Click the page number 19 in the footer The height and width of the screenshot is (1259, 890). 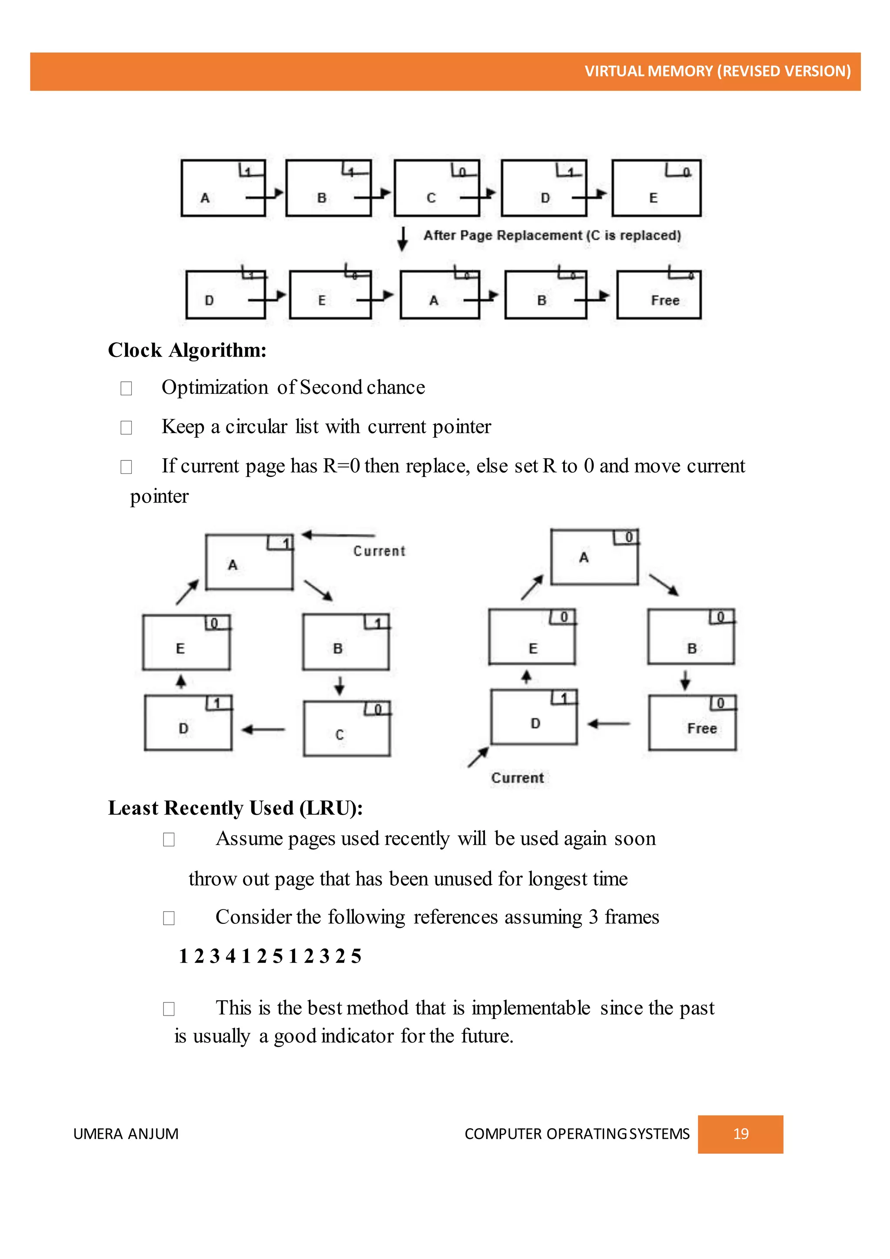pyautogui.click(x=741, y=1134)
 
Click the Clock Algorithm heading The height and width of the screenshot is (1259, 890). pyautogui.click(x=187, y=350)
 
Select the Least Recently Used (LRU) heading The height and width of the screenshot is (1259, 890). pyautogui.click(x=235, y=808)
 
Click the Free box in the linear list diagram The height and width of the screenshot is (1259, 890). pyautogui.click(x=659, y=295)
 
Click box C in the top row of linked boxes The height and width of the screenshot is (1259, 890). pyautogui.click(x=436, y=188)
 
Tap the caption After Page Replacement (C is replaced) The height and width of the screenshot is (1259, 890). pyautogui.click(x=552, y=236)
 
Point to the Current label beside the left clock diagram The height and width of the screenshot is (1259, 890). pyautogui.click(x=379, y=551)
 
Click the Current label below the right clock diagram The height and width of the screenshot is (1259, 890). pyautogui.click(x=517, y=778)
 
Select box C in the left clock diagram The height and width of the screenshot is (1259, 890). pyautogui.click(x=346, y=729)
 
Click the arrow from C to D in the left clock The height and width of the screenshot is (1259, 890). pyautogui.click(x=264, y=730)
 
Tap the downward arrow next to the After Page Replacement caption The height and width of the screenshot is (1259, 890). pyautogui.click(x=403, y=239)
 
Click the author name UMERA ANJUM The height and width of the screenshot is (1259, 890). pyautogui.click(x=126, y=1134)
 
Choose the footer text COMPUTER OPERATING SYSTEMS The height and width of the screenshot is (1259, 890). pyautogui.click(x=577, y=1134)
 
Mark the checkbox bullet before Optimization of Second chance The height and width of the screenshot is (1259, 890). pyautogui.click(x=126, y=388)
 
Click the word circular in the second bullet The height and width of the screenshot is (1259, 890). pyautogui.click(x=256, y=426)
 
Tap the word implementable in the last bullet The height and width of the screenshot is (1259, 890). pyautogui.click(x=531, y=1008)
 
